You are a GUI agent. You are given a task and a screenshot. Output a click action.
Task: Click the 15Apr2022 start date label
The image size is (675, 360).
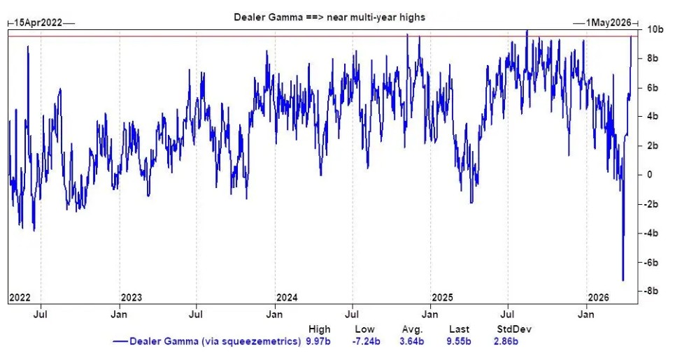click(x=39, y=23)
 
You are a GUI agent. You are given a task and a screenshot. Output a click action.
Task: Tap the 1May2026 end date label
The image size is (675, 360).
click(x=607, y=23)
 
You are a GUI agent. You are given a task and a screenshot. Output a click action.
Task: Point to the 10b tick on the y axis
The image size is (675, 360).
click(x=655, y=29)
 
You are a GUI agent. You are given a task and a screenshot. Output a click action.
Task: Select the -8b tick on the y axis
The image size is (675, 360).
click(x=653, y=291)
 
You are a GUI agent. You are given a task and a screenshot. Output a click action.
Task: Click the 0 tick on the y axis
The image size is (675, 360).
click(x=649, y=175)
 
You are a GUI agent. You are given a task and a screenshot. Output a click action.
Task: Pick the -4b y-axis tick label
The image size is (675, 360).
click(x=653, y=233)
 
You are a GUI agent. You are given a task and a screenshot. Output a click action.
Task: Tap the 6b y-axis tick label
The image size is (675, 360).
click(x=653, y=87)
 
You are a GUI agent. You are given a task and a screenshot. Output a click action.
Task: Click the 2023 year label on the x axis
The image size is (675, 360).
click(x=131, y=297)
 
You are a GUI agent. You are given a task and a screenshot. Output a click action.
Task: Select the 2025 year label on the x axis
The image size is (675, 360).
click(x=442, y=297)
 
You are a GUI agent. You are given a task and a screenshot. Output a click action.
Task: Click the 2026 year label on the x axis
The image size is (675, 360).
click(x=597, y=297)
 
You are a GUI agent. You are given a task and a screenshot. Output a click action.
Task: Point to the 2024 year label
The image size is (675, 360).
click(x=287, y=297)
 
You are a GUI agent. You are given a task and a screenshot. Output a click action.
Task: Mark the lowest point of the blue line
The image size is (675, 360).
click(x=623, y=280)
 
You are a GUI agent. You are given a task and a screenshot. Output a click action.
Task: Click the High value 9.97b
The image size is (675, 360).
click(x=319, y=342)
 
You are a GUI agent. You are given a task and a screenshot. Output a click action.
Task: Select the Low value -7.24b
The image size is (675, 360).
click(x=364, y=342)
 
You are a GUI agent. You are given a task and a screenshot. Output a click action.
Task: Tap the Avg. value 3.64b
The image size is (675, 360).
click(x=412, y=342)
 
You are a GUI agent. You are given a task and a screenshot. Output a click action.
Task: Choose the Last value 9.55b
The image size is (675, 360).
click(x=459, y=342)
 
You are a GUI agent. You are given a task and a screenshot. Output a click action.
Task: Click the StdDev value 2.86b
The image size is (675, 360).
click(x=505, y=342)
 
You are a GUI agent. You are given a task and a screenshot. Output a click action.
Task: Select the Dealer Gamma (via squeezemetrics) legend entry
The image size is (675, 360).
click(x=207, y=342)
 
